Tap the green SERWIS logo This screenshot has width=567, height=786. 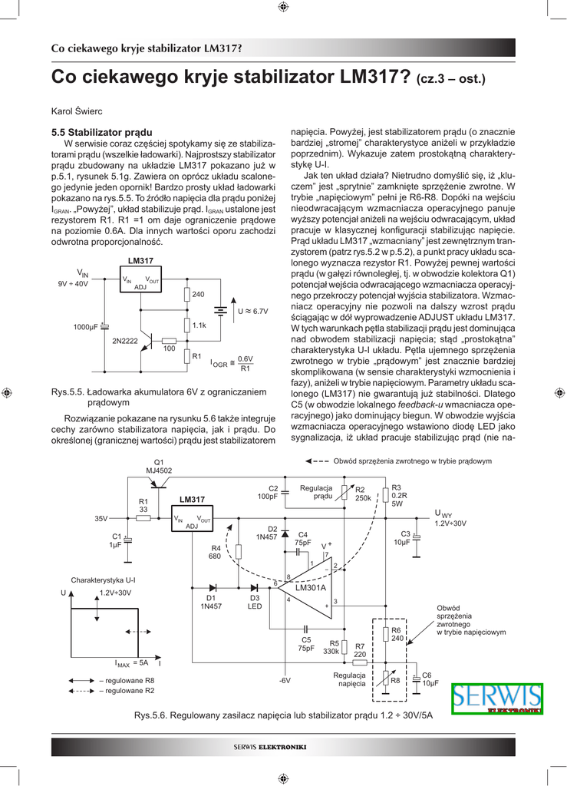pyautogui.click(x=496, y=698)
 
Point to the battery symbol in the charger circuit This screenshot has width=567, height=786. pyautogui.click(x=221, y=312)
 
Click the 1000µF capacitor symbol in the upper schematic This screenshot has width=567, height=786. pyautogui.click(x=105, y=326)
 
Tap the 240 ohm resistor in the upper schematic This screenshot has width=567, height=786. pyautogui.click(x=186, y=295)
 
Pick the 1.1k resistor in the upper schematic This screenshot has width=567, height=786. pyautogui.click(x=186, y=325)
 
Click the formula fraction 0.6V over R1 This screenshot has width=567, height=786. pyautogui.click(x=245, y=363)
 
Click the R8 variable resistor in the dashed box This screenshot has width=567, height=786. pyautogui.click(x=386, y=679)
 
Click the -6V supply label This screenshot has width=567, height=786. pyautogui.click(x=285, y=680)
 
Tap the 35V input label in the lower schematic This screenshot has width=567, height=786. pyautogui.click(x=101, y=519)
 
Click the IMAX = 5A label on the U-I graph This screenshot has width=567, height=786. pyautogui.click(x=131, y=662)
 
